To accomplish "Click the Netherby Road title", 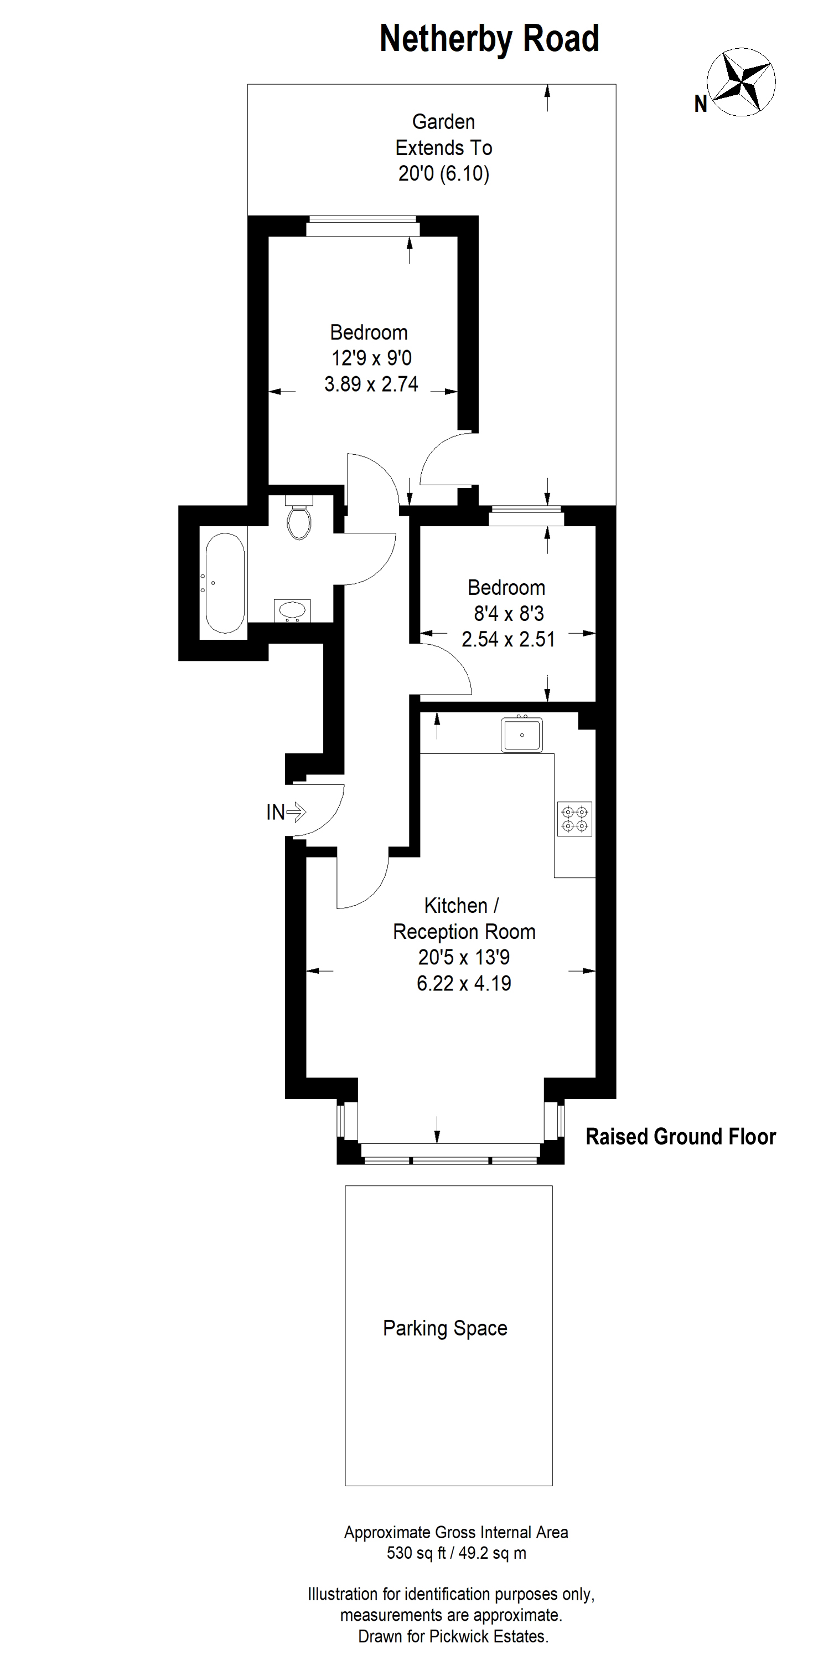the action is [x=489, y=39].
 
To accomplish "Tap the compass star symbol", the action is [x=741, y=82].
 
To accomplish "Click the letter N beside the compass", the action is [x=700, y=104].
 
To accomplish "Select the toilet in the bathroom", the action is [x=299, y=517].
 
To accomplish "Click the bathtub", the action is [x=225, y=583].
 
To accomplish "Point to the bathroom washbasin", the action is [x=292, y=610].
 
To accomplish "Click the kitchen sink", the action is [x=521, y=734].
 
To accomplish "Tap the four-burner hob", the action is [x=574, y=819].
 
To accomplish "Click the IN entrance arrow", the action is [x=296, y=812].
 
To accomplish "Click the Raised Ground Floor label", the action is [x=680, y=1137].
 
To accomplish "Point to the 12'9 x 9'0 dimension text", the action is [x=371, y=358].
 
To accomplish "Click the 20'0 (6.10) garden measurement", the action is [x=443, y=173].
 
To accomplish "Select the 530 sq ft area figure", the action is [x=416, y=1553].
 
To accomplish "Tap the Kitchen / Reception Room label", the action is [x=464, y=918].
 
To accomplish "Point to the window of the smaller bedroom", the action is [x=526, y=517].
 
